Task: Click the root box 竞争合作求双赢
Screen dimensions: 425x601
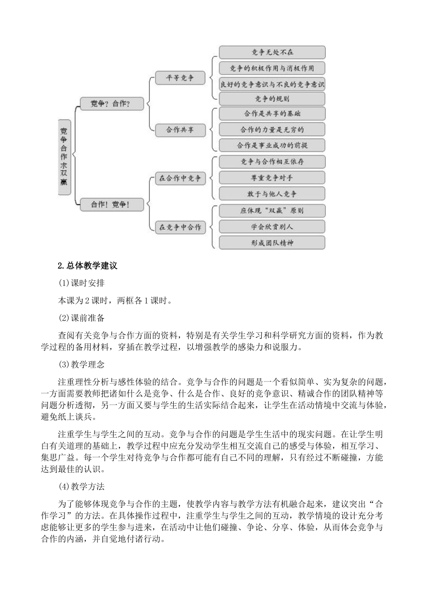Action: (64, 157)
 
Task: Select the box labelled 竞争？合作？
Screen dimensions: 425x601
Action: (111, 103)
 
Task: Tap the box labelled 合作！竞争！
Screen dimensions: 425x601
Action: (111, 204)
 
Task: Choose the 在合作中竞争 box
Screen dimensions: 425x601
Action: (180, 178)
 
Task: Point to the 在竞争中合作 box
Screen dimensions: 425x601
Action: (180, 227)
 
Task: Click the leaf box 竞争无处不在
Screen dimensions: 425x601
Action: (272, 52)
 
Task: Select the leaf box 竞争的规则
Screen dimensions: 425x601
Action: (272, 98)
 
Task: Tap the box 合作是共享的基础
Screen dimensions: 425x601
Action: (272, 114)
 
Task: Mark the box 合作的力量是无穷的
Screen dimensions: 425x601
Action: (272, 130)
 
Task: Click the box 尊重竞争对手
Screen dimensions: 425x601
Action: (272, 178)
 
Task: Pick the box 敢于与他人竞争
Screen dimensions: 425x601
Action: (272, 194)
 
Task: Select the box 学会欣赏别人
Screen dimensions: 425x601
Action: (272, 227)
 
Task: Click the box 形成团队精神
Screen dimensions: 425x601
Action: (272, 243)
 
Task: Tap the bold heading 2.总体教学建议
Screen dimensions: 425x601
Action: (88, 266)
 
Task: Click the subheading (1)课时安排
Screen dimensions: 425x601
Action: (81, 283)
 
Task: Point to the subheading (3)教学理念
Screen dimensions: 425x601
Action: (81, 364)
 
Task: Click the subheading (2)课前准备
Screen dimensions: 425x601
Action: (81, 318)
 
